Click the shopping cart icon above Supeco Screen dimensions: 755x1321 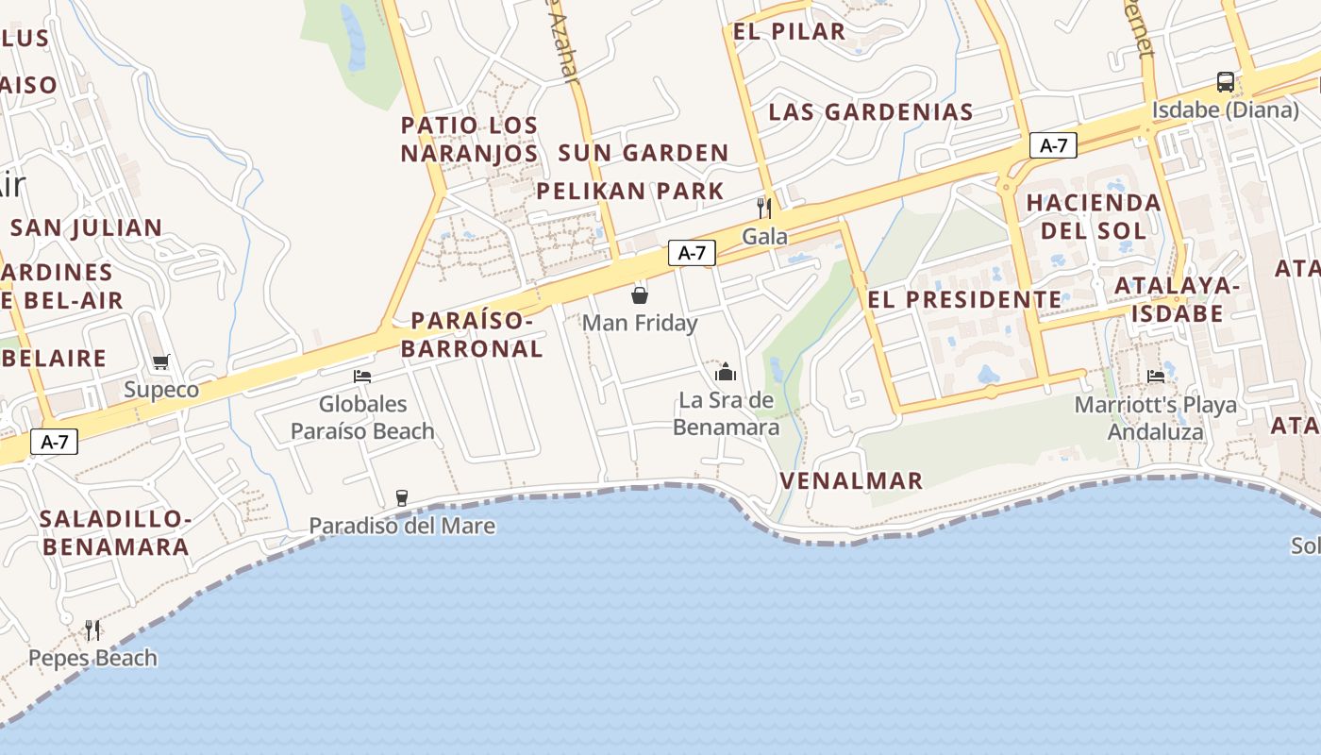[160, 362]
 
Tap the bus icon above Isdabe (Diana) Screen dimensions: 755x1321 [1225, 82]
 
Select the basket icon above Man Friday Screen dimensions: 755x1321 [640, 295]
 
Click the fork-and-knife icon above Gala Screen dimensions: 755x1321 [764, 208]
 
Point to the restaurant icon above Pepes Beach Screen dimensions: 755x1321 [92, 629]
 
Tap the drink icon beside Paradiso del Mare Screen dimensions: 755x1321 [402, 497]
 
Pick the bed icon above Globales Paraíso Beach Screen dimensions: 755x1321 [362, 377]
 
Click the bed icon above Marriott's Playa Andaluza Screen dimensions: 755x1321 [1156, 377]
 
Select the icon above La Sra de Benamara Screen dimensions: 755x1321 [726, 372]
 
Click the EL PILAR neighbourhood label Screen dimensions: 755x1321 [789, 31]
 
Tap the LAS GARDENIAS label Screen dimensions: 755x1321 [871, 112]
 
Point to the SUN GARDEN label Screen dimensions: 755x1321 [644, 153]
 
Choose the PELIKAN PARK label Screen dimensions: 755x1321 [630, 192]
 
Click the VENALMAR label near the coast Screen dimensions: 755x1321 [851, 481]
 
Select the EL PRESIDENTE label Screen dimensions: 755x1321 [964, 300]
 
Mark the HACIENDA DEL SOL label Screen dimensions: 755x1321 [1094, 216]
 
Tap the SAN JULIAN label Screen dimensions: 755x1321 [87, 227]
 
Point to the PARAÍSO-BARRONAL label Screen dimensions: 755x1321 [472, 334]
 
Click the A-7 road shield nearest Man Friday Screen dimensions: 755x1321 [692, 253]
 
